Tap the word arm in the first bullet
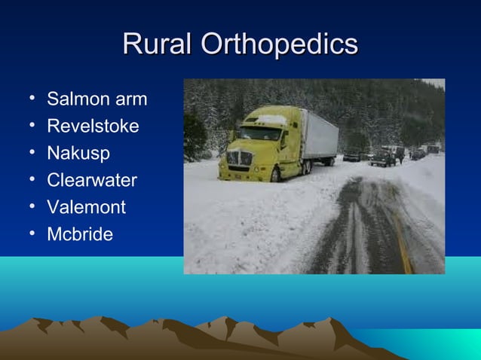[132, 99]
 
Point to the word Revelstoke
[93, 127]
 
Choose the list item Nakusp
[78, 154]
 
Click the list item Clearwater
[92, 181]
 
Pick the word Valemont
[87, 207]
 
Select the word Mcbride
[80, 234]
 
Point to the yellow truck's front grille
[239, 158]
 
